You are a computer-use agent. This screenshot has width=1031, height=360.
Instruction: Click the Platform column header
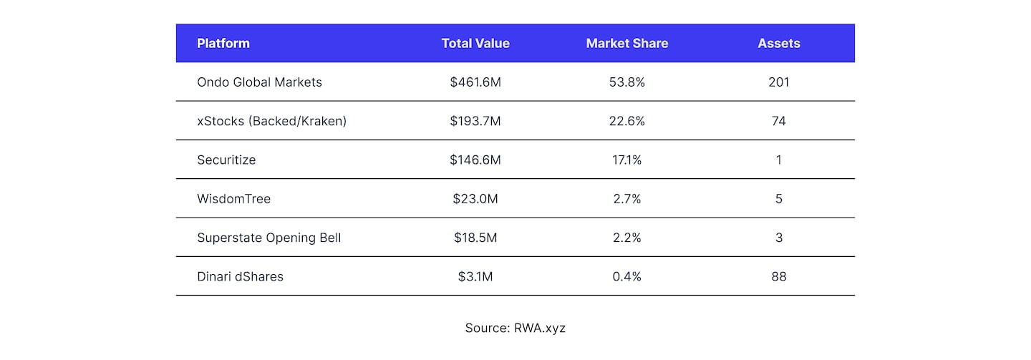[223, 43]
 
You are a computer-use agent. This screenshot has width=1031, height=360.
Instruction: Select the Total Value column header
[475, 43]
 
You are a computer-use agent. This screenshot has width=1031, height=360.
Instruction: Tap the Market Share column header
[626, 43]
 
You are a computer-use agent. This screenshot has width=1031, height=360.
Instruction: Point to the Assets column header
[779, 43]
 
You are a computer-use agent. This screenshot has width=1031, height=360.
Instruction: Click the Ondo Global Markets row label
[259, 82]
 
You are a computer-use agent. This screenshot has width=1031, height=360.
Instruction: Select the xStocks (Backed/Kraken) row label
[271, 121]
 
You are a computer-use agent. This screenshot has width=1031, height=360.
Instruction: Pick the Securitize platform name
[226, 160]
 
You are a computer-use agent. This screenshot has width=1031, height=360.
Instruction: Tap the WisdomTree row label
[233, 199]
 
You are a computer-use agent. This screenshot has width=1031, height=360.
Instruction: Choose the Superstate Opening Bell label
[268, 238]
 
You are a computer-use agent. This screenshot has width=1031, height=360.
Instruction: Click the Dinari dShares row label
[240, 276]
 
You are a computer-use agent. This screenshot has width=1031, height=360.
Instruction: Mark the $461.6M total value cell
[475, 82]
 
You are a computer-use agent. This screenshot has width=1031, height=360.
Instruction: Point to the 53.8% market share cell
[626, 82]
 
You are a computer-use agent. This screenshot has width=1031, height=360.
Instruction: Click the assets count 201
[779, 82]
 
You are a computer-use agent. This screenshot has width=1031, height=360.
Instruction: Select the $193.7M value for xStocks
[475, 121]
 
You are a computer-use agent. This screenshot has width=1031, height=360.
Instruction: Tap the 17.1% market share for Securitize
[626, 160]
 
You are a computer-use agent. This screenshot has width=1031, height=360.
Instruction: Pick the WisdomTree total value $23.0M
[475, 199]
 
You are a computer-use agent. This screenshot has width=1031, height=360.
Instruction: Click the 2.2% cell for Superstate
[626, 238]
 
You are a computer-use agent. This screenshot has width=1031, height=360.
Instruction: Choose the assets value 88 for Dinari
[779, 276]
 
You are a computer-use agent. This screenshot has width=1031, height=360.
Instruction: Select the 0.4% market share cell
[626, 276]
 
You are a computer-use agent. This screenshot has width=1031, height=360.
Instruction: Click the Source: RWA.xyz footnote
[515, 328]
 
